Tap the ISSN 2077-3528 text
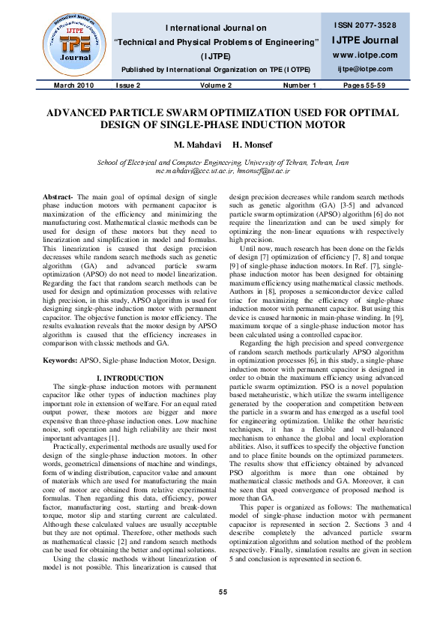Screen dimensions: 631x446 [x=366, y=25]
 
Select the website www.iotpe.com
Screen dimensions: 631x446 [x=365, y=55]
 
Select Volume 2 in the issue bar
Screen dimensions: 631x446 [x=215, y=85]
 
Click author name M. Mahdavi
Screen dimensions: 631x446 [x=193, y=144]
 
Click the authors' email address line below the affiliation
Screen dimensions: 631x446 [x=223, y=171]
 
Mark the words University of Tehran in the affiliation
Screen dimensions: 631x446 [x=266, y=162]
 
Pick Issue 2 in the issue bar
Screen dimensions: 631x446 [x=127, y=85]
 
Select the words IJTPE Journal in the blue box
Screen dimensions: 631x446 [x=365, y=40]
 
